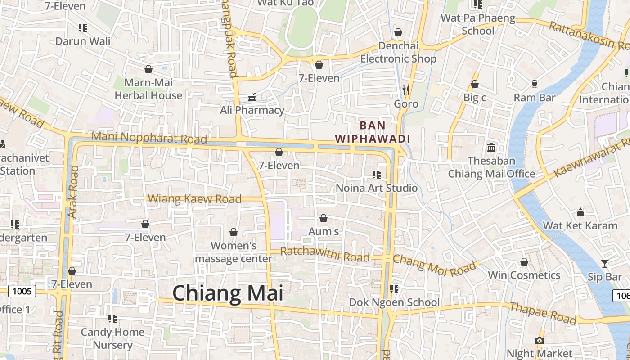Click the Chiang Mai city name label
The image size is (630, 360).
[228, 293]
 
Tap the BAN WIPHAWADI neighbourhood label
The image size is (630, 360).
[373, 132]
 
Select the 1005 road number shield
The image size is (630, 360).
[22, 291]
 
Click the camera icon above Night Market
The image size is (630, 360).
[539, 340]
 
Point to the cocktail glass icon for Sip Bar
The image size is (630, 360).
[604, 263]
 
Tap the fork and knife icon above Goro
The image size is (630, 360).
[406, 90]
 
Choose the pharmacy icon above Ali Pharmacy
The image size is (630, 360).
[252, 97]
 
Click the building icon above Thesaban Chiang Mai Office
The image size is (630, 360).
[491, 147]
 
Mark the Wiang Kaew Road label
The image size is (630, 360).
[194, 198]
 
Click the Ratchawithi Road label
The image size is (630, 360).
[324, 254]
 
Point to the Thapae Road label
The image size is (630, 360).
[543, 313]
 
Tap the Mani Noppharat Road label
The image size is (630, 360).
[149, 138]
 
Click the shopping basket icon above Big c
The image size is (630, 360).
[474, 84]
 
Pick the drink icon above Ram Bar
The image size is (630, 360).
[535, 84]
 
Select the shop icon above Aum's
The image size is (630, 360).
[323, 218]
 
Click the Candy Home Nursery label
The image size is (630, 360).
[112, 338]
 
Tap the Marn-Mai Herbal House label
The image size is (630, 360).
[148, 89]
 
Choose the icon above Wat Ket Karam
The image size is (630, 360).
[580, 212]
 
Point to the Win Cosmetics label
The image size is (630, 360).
[524, 275]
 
